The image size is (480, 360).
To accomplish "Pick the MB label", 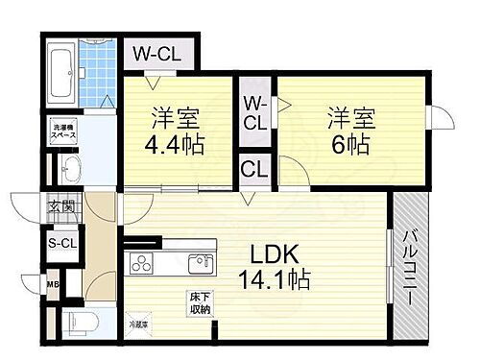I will [x=53, y=282].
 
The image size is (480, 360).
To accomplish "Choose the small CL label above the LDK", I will [x=255, y=170].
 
